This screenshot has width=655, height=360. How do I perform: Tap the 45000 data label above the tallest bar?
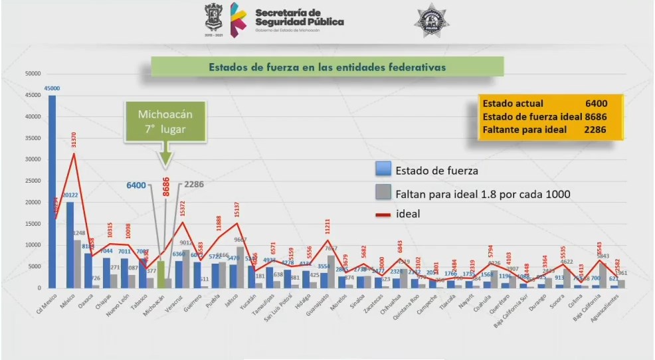tap(52, 88)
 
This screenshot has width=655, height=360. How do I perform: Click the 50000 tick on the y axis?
tap(33, 74)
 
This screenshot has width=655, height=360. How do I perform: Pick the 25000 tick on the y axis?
tap(33, 181)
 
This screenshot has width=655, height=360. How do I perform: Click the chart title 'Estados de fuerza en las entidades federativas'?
tap(327, 67)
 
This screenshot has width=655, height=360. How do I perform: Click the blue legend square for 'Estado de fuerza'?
tap(383, 170)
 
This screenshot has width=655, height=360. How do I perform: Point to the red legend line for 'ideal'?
tap(383, 215)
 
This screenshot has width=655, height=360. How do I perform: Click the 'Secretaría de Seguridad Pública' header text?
tap(299, 18)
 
